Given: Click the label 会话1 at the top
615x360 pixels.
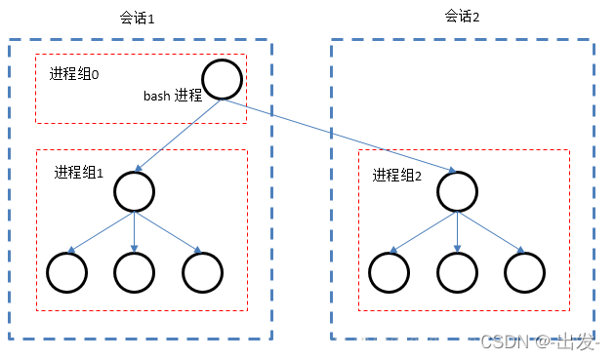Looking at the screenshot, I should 137,19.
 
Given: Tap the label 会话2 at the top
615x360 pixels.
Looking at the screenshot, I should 462,16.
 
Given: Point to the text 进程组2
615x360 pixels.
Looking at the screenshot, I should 397,176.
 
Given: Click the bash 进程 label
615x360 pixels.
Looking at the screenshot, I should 173,96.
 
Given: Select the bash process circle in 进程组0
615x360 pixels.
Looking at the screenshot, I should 222,79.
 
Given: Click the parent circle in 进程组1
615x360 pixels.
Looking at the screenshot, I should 134,191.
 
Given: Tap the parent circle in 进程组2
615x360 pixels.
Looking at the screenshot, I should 458,191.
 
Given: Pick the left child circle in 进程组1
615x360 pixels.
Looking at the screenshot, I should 68,272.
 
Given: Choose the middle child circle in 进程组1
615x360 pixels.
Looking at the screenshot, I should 134,272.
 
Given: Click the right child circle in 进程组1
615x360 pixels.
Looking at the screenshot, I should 202,272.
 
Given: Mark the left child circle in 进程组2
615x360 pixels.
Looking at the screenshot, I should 389,272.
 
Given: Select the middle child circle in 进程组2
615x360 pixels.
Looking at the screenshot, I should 457,272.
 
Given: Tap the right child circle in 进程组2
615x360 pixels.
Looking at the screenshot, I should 524,272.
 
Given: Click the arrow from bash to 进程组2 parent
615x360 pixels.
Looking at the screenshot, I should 342,134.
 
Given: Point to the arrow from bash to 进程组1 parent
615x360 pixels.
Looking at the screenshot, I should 181,134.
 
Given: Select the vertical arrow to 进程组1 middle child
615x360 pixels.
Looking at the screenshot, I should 134,231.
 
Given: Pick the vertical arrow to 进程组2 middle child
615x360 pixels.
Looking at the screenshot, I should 458,231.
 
